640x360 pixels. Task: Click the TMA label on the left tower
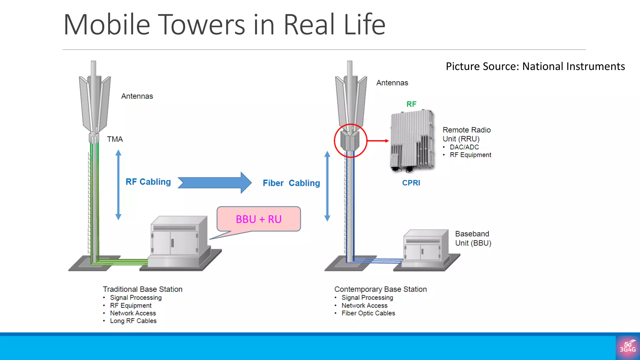[x=115, y=139]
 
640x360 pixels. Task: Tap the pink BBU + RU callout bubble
[x=259, y=219]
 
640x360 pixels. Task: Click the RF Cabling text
[x=148, y=182]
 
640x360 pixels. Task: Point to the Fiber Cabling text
[x=291, y=183]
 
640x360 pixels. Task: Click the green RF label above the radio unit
[x=411, y=104]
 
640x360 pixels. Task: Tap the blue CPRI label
[x=411, y=183]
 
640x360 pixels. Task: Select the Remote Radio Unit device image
[x=412, y=141]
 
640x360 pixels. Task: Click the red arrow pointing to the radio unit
[x=378, y=141]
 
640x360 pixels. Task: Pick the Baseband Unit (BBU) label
[x=473, y=238]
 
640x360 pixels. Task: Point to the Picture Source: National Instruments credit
[x=535, y=67]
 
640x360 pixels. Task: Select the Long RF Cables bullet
[x=133, y=321]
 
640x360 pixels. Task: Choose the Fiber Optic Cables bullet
[x=368, y=313]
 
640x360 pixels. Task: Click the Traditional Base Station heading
[x=142, y=289]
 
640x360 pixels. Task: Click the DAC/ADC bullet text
[x=464, y=147]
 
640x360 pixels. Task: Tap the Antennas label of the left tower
[x=137, y=96]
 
